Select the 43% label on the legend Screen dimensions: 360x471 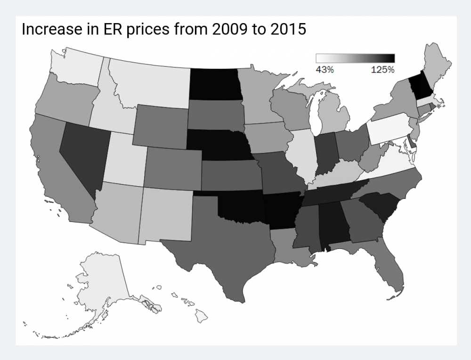tap(324, 69)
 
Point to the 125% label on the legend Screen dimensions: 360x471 tap(382, 69)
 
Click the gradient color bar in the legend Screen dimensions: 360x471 tap(355, 58)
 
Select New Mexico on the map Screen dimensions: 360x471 tap(167, 213)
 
